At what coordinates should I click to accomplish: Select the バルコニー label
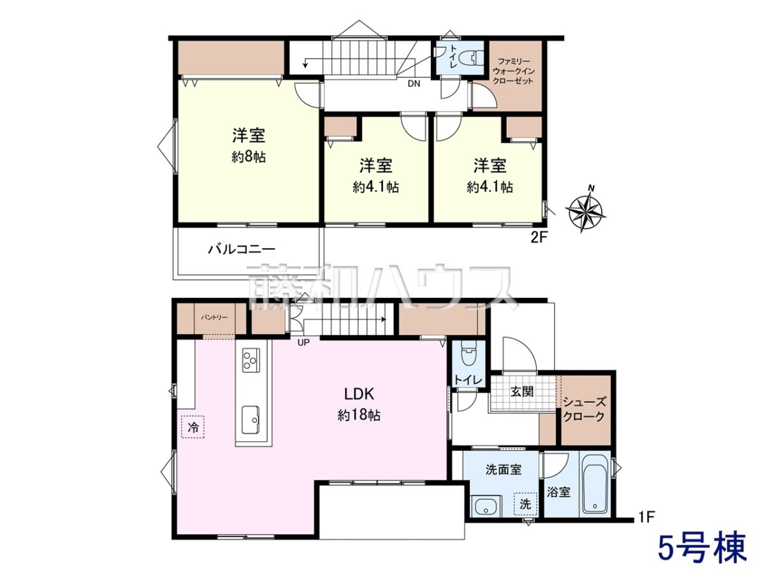coord(242,249)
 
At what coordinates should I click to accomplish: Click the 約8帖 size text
coord(249,158)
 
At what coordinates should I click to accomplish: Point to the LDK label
coord(359,394)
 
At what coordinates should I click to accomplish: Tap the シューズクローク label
coord(584,410)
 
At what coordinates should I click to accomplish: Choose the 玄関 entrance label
coord(521,392)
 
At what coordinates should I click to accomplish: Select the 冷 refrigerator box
coord(193,427)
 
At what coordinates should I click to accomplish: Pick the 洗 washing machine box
coord(525,504)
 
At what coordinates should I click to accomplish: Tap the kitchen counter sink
coord(251,420)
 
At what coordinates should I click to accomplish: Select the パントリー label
coord(214,318)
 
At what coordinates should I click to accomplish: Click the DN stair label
coord(414,84)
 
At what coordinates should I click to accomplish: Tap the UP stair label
coord(303,342)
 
